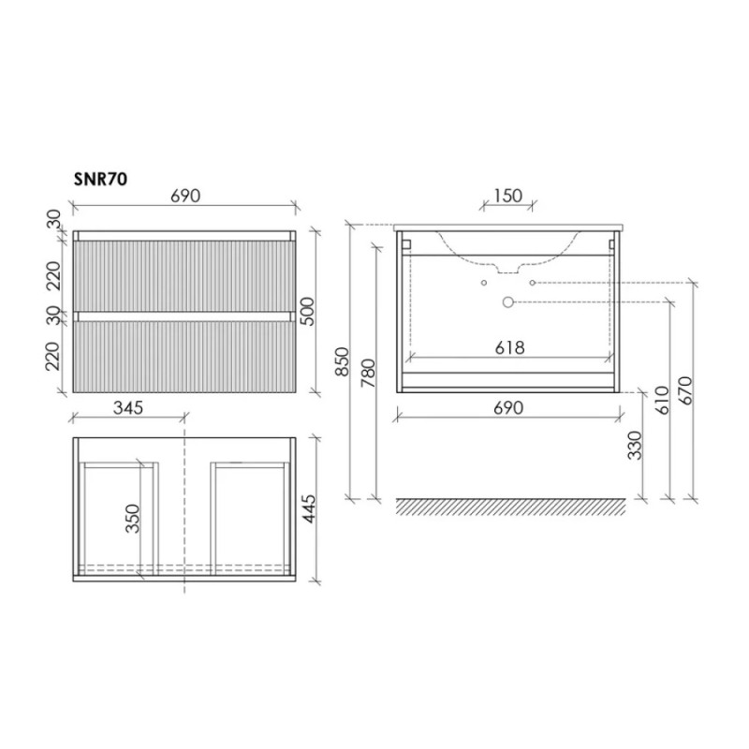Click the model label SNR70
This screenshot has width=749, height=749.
tap(100, 179)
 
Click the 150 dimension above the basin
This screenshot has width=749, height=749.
tap(508, 196)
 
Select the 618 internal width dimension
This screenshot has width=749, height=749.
tap(509, 347)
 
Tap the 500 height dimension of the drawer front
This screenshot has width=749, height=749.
tap(308, 312)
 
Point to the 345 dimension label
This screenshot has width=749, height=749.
tap(128, 407)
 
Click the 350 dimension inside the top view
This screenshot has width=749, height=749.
tap(132, 519)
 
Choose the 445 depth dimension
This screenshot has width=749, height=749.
tap(309, 508)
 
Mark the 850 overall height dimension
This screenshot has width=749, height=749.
tap(342, 361)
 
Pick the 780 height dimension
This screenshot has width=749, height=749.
tap(368, 373)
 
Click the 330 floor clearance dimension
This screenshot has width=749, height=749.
tap(635, 446)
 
